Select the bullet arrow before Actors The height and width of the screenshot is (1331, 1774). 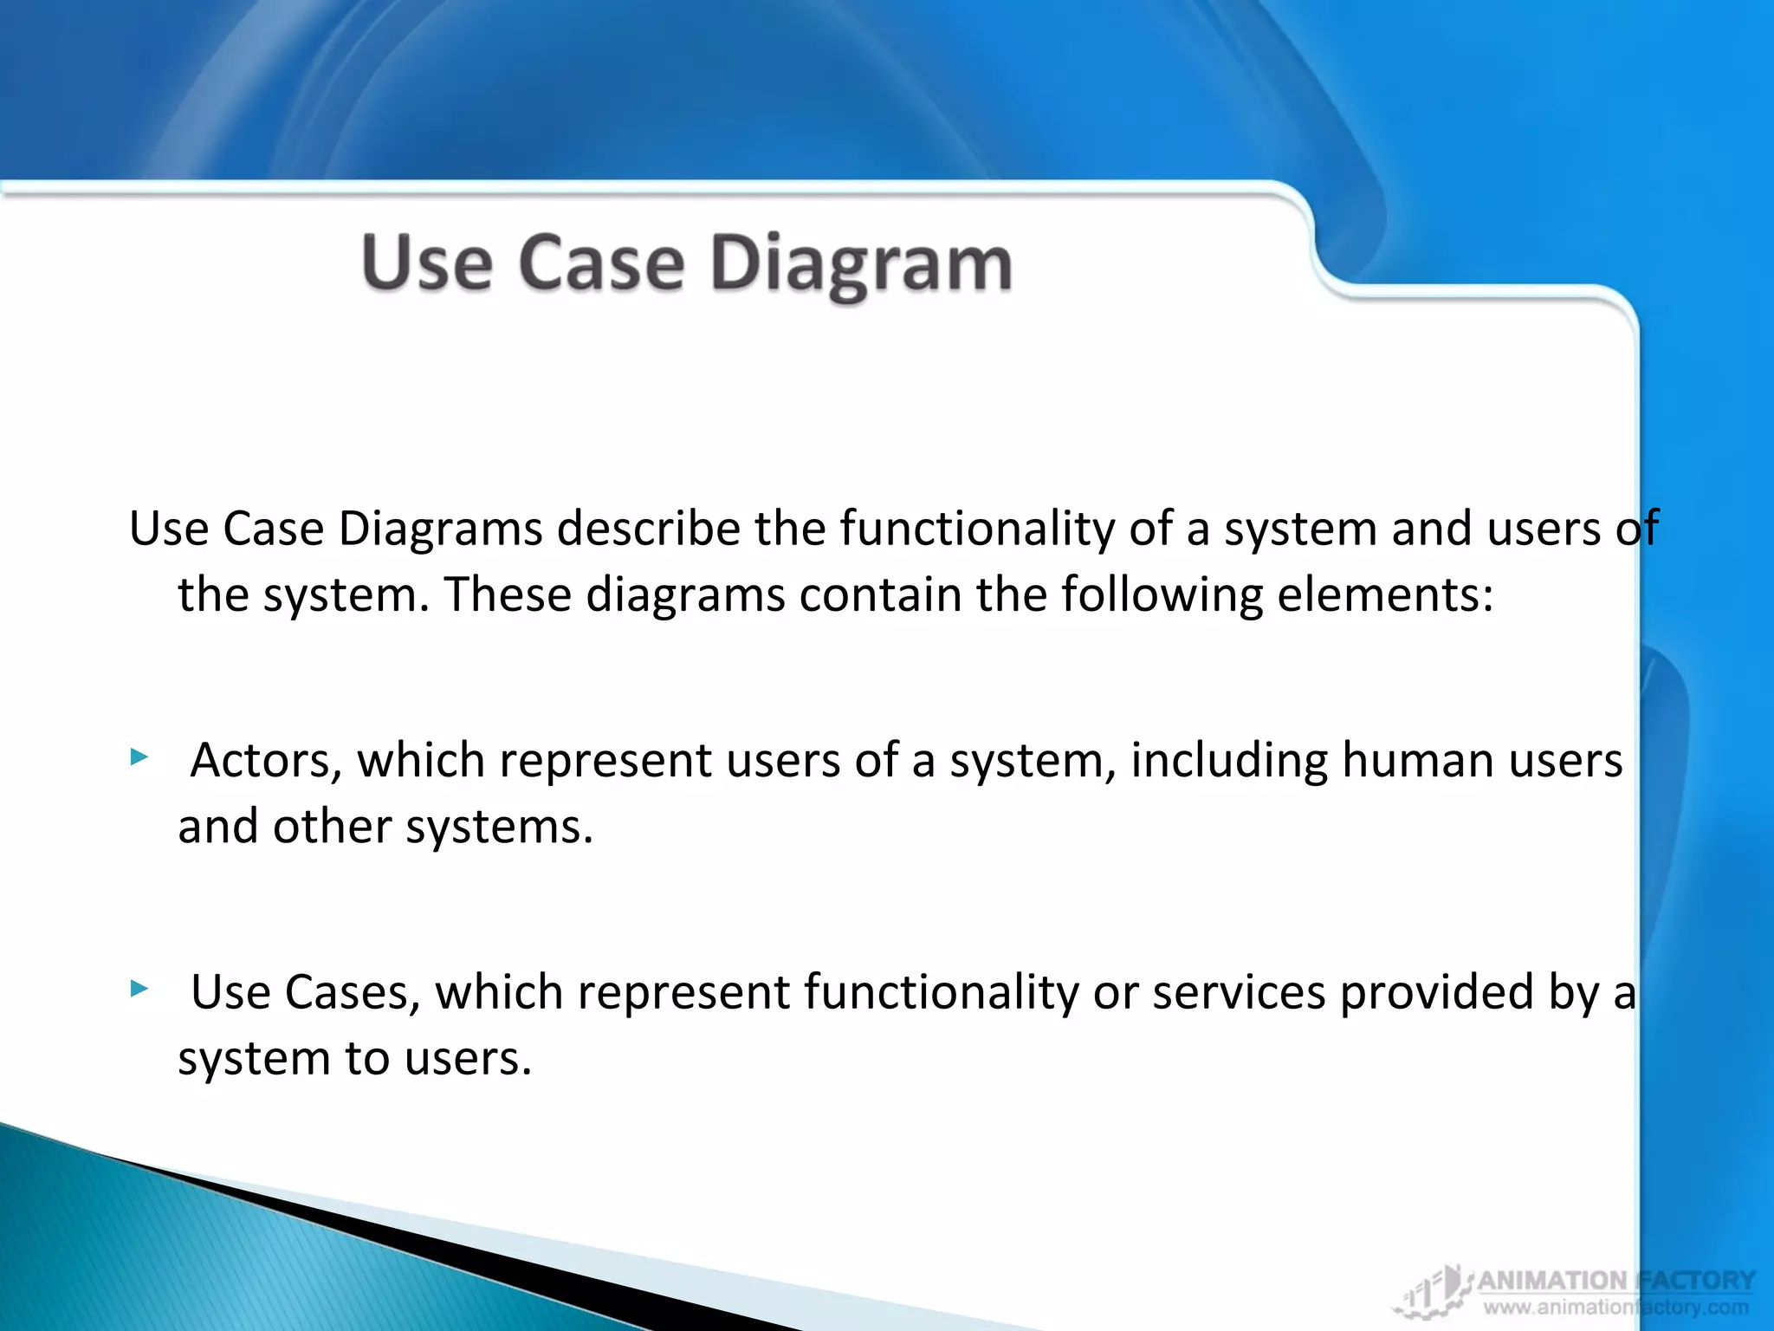click(x=139, y=758)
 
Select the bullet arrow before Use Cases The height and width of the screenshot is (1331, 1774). click(x=139, y=989)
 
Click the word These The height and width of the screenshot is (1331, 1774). click(x=508, y=595)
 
